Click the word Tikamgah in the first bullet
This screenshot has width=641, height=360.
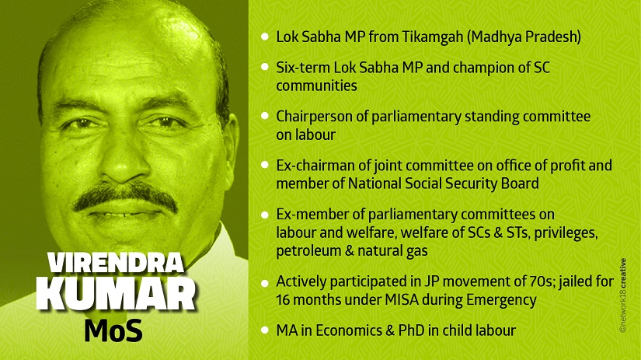(433, 37)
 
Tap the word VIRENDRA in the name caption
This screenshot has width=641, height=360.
(116, 263)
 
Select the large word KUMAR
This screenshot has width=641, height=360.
(116, 295)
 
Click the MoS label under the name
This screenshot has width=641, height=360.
(113, 330)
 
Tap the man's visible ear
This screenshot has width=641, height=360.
(230, 142)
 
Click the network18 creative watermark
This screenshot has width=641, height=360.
(622, 295)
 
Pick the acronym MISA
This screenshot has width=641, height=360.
(402, 300)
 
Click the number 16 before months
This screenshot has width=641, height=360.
(283, 300)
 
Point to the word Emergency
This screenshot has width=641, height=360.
(501, 300)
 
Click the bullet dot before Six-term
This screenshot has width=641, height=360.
(265, 67)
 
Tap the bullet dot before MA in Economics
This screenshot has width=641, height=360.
(265, 330)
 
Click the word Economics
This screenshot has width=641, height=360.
(349, 330)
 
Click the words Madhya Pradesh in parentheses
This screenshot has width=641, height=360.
(524, 37)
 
